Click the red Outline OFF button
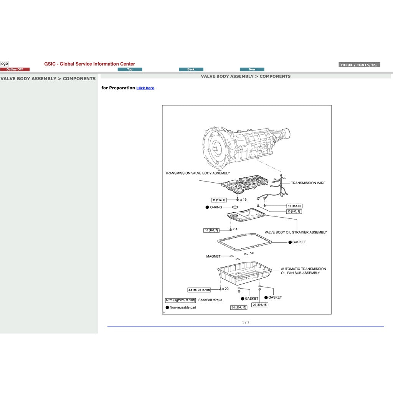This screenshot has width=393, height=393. (x=15, y=69)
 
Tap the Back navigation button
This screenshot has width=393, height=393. (x=191, y=69)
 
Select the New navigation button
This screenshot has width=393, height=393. (x=252, y=69)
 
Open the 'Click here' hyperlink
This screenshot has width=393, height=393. (x=145, y=88)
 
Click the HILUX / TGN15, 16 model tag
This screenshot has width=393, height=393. (x=359, y=65)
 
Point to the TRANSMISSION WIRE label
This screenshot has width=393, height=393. (x=308, y=183)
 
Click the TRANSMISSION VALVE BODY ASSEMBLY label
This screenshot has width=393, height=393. (x=197, y=173)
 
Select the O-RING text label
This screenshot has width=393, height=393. (x=216, y=207)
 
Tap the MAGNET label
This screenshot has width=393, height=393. (x=213, y=256)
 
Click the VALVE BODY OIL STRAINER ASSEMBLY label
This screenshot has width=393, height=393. (x=296, y=232)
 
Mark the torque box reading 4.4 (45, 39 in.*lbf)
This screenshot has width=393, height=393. (x=199, y=290)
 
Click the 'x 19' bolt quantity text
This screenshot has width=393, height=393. (x=243, y=200)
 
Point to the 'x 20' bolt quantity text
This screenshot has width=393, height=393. (x=225, y=289)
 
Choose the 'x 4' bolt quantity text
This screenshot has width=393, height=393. (x=235, y=229)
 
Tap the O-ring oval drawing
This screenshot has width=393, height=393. (x=233, y=207)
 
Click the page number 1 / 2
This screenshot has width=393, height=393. (x=246, y=322)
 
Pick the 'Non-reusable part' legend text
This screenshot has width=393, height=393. (x=183, y=307)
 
